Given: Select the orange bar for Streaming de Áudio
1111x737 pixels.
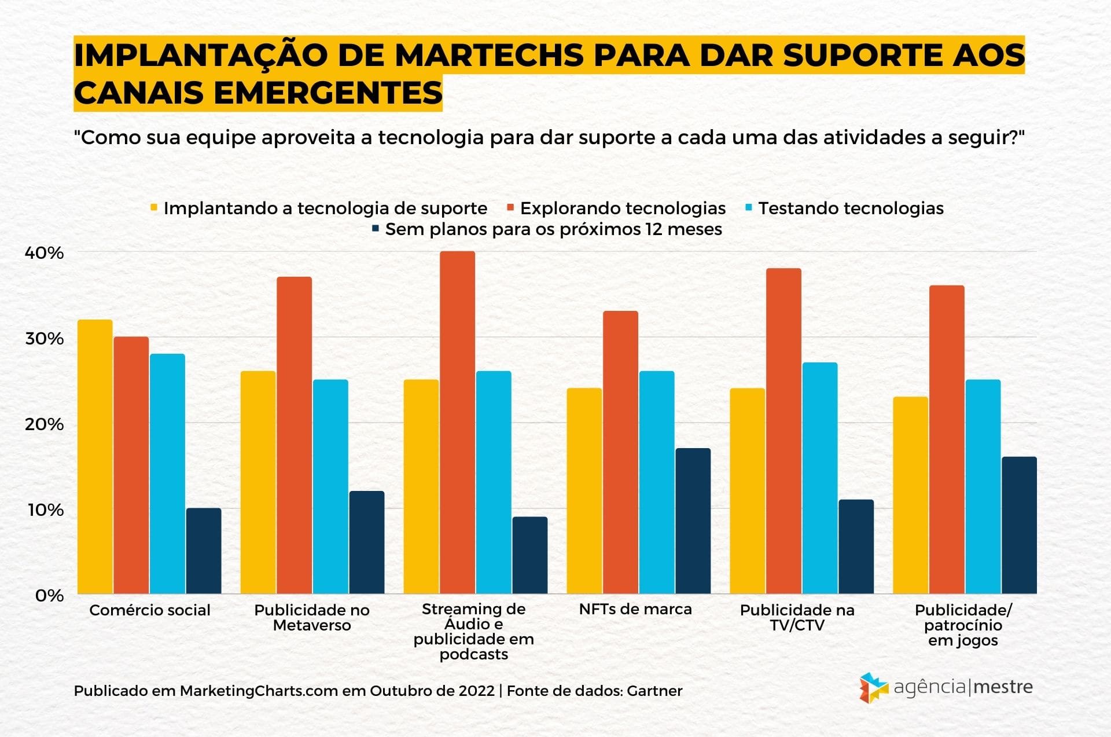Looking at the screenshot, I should click(457, 423).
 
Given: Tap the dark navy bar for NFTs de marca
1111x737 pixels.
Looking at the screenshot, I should click(693, 521).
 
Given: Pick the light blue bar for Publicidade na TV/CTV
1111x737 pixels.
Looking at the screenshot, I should click(819, 478).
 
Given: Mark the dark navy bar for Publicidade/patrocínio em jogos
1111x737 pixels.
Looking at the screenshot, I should click(1019, 525).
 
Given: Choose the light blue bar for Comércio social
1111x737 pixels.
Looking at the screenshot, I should click(167, 474).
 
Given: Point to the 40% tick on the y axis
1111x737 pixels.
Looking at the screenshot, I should click(44, 253).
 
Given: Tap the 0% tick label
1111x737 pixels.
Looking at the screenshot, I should click(49, 596).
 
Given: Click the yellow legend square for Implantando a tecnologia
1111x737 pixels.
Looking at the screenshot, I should click(154, 207).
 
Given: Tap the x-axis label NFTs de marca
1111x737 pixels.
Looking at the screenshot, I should click(635, 609).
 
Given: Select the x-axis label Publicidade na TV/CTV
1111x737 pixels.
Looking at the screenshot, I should click(797, 617).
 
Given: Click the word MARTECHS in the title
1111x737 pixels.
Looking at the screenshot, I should click(490, 56).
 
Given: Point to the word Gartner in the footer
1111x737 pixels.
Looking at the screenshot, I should click(654, 691).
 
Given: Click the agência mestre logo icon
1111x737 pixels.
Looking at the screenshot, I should click(873, 688).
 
